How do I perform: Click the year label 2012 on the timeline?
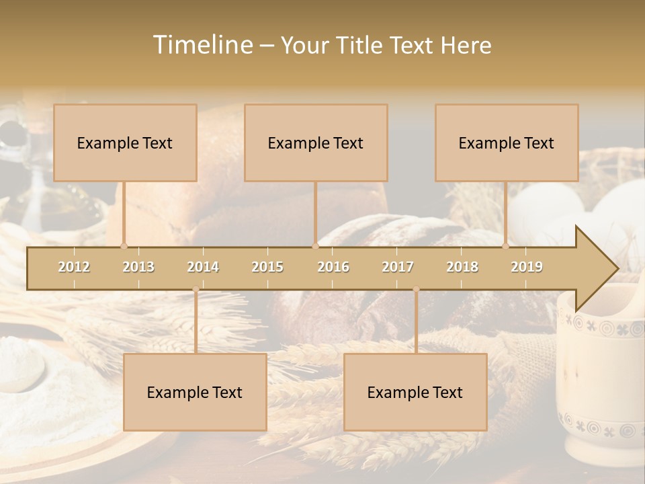coord(74,267)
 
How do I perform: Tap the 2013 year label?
coord(138,267)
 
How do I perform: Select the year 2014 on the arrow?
coord(203,267)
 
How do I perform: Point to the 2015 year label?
coord(267,267)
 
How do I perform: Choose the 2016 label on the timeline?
coord(333,267)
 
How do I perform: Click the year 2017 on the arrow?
coord(398,267)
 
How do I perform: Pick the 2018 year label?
coord(462,267)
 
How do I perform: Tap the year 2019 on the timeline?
coord(527,267)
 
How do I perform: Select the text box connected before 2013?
coord(125,143)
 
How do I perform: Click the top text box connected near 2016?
coord(316,143)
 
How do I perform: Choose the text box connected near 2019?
coord(507,143)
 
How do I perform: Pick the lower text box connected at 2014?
coord(195,392)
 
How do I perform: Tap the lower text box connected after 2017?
coord(415,392)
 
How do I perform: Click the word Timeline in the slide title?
coord(202,45)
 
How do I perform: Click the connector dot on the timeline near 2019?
coord(506,246)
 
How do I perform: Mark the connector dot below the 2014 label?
coord(196,289)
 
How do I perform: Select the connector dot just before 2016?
coord(315,246)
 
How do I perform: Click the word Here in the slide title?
coord(466,45)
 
